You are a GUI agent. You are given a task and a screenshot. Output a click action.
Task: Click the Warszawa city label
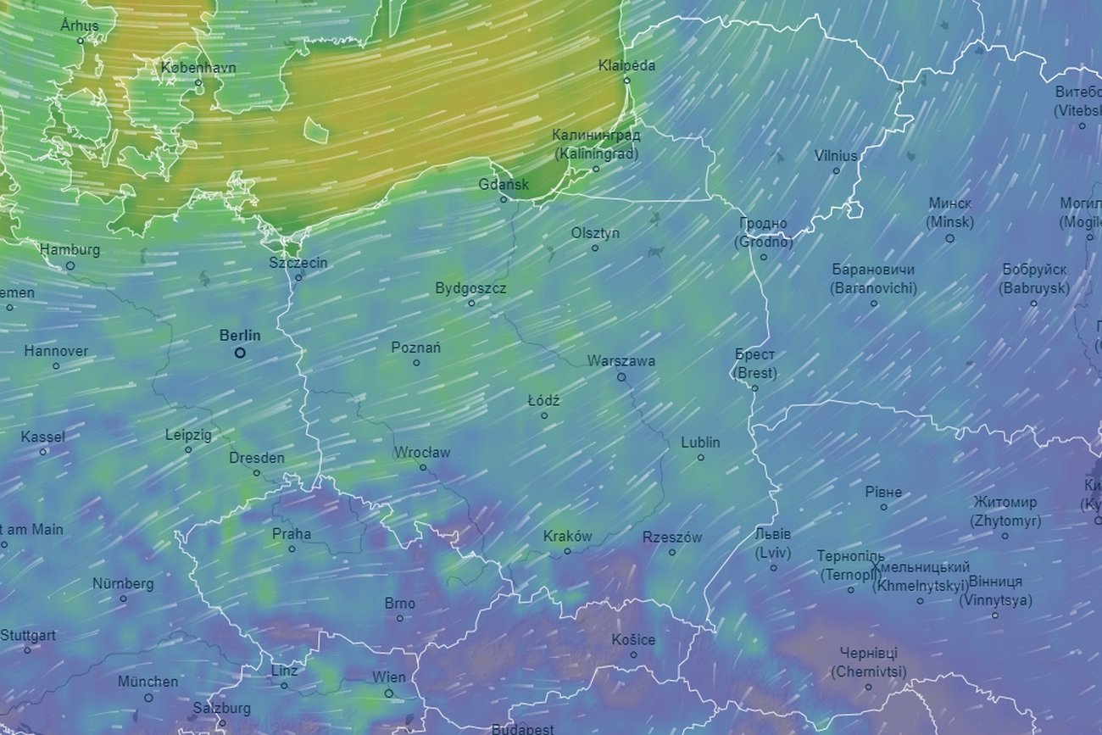point(621,360)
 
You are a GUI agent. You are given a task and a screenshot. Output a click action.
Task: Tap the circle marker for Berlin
point(240,353)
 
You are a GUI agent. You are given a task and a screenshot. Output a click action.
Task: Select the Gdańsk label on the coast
point(504,184)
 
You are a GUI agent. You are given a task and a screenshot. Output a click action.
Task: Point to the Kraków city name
point(567,536)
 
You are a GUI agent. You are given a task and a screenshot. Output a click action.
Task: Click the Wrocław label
point(422,452)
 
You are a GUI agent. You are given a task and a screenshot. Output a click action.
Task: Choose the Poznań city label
point(415,348)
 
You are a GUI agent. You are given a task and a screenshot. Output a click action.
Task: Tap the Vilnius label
point(836,155)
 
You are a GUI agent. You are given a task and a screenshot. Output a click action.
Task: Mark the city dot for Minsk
point(949,238)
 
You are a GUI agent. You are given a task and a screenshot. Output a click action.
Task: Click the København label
point(198,67)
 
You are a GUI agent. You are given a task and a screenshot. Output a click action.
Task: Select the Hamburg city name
point(70,250)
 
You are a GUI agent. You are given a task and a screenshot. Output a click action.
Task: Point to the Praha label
point(291,534)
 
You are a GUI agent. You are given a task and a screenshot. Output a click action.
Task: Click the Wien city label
point(388,677)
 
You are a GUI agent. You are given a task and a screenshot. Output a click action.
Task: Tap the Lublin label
point(700,442)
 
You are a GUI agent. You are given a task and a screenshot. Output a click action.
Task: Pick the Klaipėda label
point(626,65)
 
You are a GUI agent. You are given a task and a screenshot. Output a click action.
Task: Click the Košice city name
point(633,639)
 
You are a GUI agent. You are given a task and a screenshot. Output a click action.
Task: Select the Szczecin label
point(298,262)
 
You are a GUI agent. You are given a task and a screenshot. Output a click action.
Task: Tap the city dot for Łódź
point(544,415)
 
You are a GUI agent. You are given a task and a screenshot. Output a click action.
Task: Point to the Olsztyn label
point(595,232)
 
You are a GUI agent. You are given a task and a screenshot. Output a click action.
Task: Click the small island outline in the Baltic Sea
point(316,131)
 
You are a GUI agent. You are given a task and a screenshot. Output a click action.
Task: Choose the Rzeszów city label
point(672,537)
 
